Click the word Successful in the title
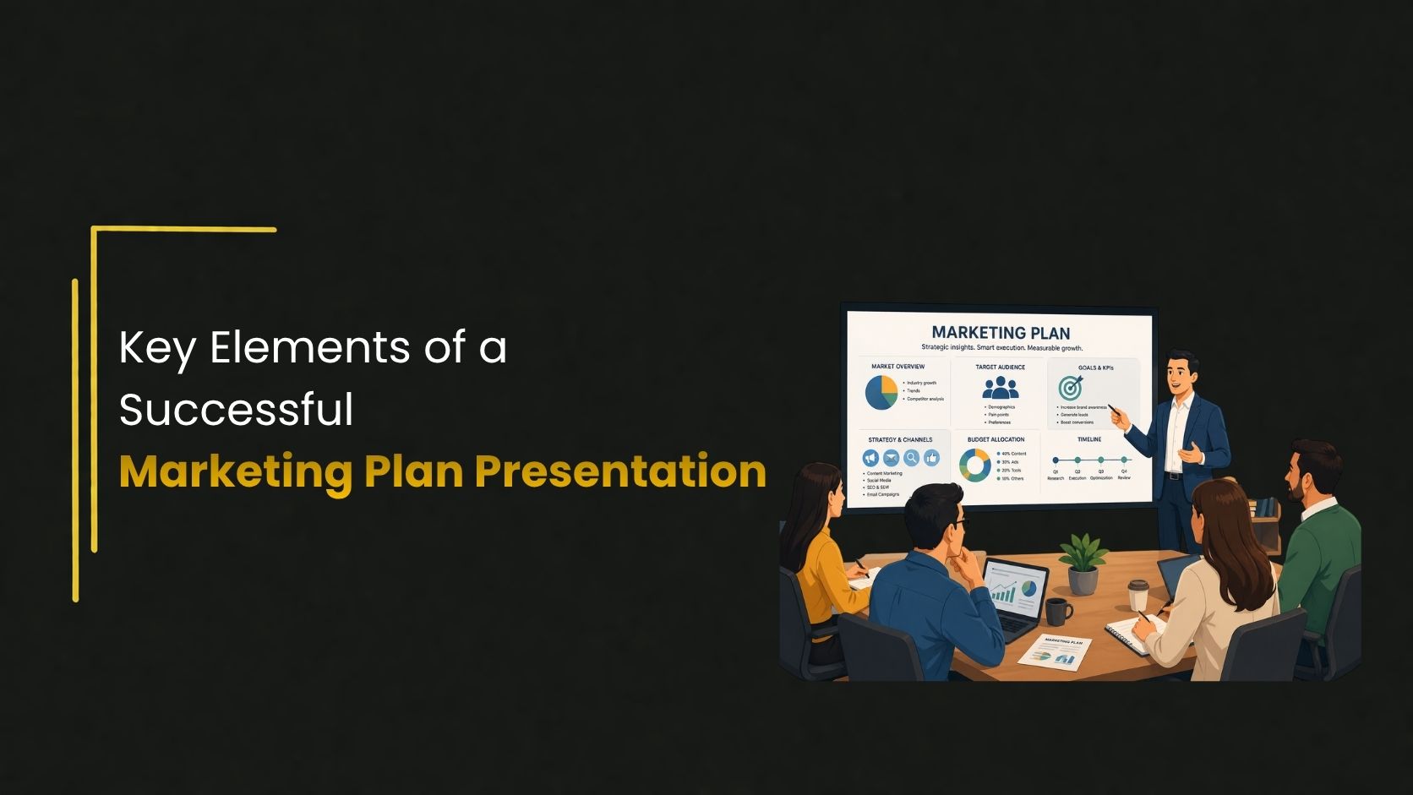[236, 410]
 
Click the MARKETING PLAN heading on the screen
[1001, 333]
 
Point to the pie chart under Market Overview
[881, 392]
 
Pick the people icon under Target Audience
[1001, 388]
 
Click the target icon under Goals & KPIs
[1071, 388]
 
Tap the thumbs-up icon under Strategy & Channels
[932, 458]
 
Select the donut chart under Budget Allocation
[975, 466]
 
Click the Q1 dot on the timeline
[1056, 460]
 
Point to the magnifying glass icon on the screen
[911, 458]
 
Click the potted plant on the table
[1083, 562]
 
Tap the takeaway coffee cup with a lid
[1138, 595]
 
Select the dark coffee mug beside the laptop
[1056, 610]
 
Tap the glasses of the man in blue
[959, 527]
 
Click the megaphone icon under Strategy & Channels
[870, 458]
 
